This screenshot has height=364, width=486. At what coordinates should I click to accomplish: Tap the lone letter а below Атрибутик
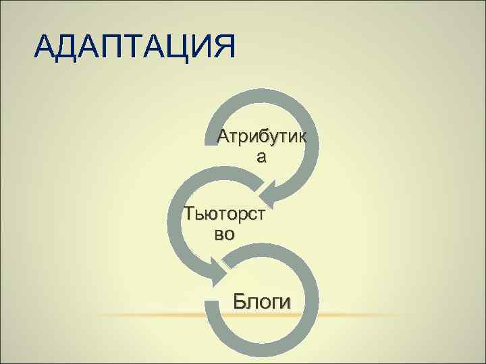click(261, 157)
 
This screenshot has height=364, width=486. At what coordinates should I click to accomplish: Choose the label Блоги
click(263, 301)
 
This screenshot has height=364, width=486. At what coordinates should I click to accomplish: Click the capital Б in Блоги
click(240, 301)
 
